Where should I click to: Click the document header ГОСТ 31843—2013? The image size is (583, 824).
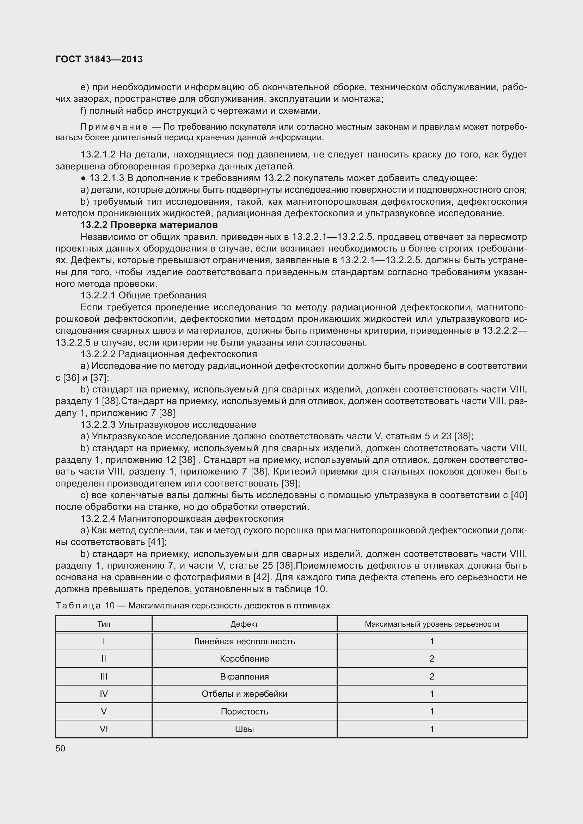point(99,59)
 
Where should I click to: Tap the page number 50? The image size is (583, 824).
point(60,748)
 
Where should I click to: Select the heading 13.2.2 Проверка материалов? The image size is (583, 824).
point(149,225)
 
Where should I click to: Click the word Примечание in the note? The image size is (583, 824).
point(114,127)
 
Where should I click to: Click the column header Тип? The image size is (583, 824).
point(104,624)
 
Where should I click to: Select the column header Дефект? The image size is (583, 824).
point(244,624)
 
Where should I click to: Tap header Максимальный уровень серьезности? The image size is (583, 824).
point(431,624)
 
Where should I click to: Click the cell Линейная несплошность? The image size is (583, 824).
point(244,641)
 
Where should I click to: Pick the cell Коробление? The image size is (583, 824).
point(244,658)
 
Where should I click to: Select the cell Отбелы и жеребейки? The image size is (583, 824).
point(244,694)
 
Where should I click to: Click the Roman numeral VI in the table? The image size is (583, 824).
point(104,729)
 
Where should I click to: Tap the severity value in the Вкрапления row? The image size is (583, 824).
point(432,676)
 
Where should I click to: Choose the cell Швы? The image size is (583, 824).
point(244,729)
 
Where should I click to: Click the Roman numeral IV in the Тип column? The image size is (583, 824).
point(104,694)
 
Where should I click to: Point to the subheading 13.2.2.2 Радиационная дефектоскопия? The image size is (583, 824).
point(169,354)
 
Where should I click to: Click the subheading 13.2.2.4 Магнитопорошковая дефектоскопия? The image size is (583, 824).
point(182,519)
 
